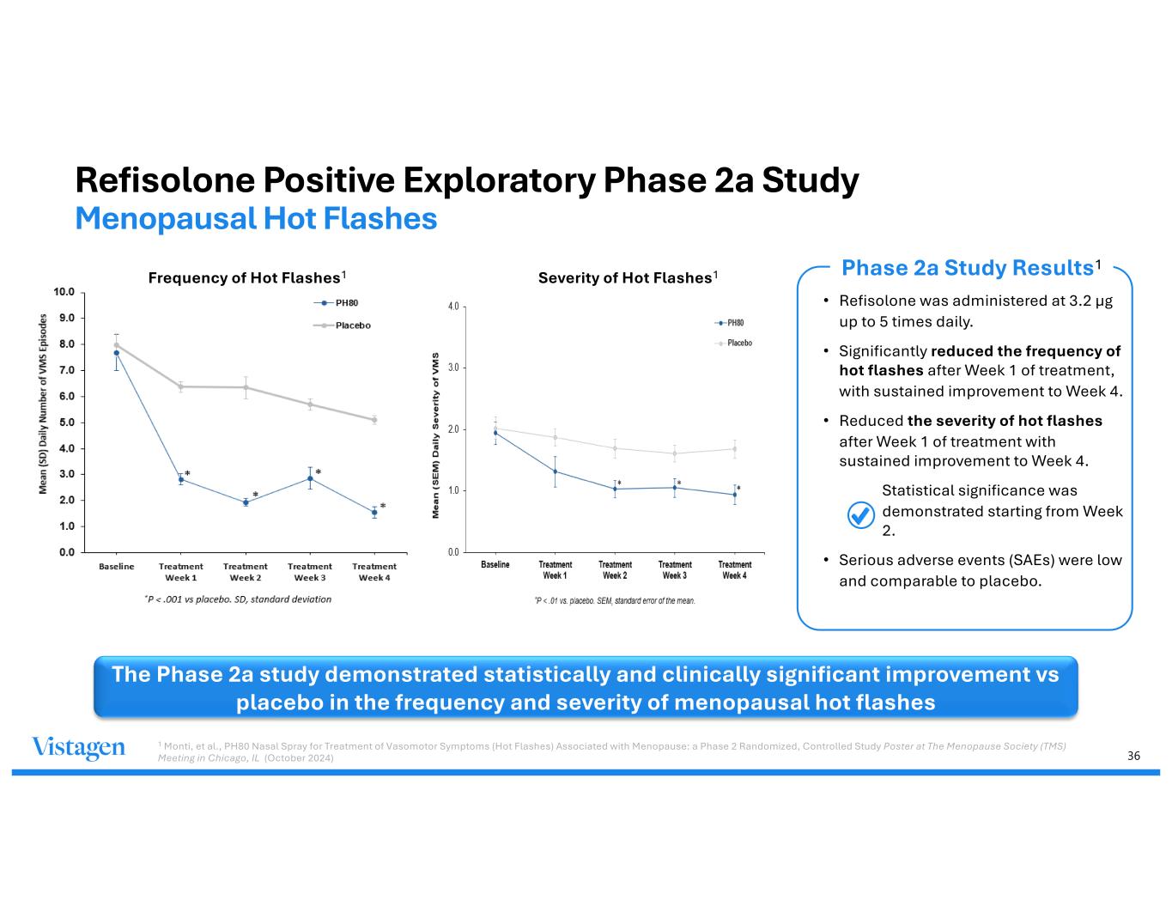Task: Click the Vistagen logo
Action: [x=78, y=749]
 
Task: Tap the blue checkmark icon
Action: [x=860, y=514]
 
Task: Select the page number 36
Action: [x=1133, y=756]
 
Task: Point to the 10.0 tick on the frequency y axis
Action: [x=64, y=292]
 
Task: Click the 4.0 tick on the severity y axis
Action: [x=453, y=307]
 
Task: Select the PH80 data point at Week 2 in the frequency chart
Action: [x=246, y=502]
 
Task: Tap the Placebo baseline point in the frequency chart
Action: [x=117, y=345]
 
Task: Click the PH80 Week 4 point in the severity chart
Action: [x=735, y=495]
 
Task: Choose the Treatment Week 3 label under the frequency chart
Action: [x=310, y=572]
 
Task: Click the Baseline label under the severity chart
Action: [x=495, y=564]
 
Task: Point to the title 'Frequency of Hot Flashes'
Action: [x=245, y=278]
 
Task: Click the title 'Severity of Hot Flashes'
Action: [x=625, y=278]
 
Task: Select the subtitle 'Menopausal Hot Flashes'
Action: [x=256, y=219]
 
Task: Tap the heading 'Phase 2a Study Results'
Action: [x=967, y=269]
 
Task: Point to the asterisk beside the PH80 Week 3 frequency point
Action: [x=319, y=472]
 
